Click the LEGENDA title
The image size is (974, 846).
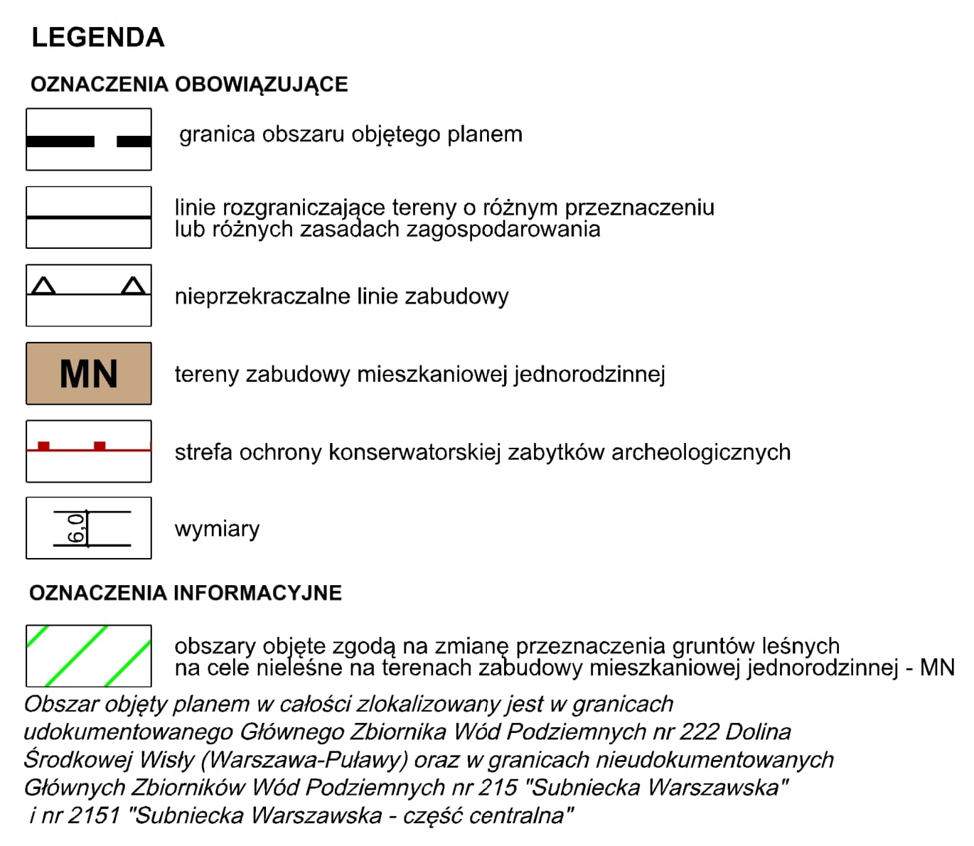click(x=98, y=38)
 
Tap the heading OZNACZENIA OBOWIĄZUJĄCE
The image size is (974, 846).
click(x=189, y=85)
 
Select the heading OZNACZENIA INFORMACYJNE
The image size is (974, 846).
click(x=186, y=593)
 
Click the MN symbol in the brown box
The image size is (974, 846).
click(x=89, y=374)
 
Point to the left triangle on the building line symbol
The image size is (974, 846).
click(x=44, y=287)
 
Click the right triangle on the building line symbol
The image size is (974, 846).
click(x=133, y=287)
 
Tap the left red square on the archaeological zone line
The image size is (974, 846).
click(x=44, y=446)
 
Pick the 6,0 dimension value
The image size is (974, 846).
click(x=77, y=528)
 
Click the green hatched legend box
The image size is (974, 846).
click(x=89, y=655)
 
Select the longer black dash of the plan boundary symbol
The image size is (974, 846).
click(x=60, y=141)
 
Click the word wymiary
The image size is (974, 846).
click(x=217, y=530)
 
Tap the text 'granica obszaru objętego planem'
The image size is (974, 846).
click(x=350, y=134)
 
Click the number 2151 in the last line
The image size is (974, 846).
click(x=95, y=815)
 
